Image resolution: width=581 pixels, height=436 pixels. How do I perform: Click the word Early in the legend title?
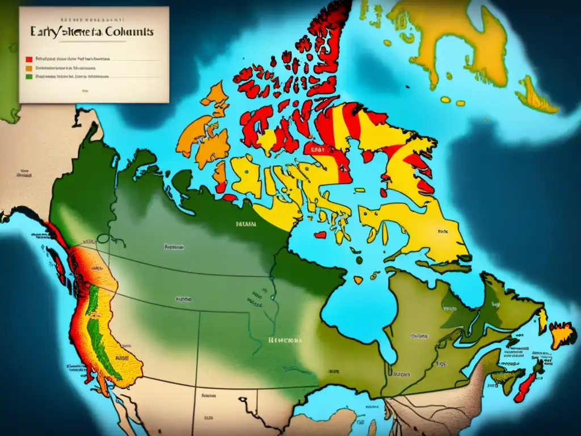[46, 32]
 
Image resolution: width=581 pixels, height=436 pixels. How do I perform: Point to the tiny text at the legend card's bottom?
[84, 90]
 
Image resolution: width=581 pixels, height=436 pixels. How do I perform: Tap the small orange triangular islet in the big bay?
[358, 279]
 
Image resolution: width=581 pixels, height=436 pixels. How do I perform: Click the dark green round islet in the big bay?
[360, 259]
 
